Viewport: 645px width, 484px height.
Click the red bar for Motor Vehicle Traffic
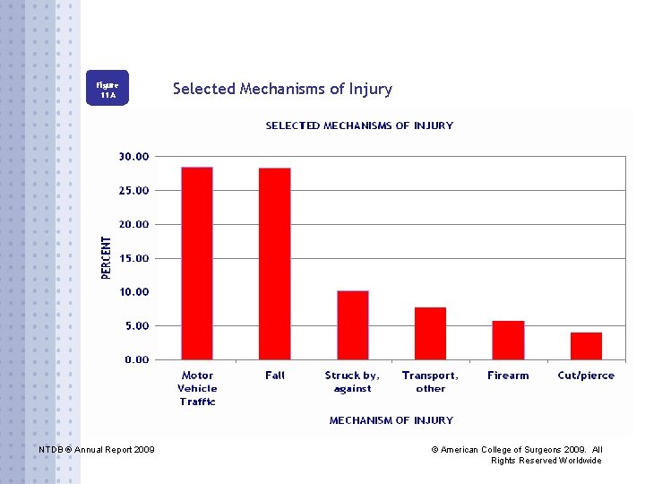[197, 264]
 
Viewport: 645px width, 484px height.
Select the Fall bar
[275, 264]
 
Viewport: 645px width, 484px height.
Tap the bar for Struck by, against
[353, 325]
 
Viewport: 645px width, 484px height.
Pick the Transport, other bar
[430, 333]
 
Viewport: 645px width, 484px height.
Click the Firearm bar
[508, 340]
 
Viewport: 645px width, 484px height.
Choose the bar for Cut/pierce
[586, 346]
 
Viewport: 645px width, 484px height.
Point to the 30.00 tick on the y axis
[133, 156]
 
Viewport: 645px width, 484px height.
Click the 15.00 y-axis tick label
[133, 258]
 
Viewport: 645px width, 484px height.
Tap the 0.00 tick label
[136, 359]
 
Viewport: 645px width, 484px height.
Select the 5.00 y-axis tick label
[136, 326]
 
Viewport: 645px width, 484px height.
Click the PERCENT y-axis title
[106, 258]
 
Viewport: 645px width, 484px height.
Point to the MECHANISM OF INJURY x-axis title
[391, 420]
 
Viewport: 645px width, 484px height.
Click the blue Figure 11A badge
[107, 88]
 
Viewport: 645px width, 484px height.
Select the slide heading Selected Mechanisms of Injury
[282, 89]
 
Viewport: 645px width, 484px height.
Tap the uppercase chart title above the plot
[359, 125]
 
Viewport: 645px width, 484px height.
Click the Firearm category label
[508, 376]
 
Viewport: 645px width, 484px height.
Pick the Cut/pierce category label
[586, 376]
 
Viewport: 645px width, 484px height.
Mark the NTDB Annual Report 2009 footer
[97, 449]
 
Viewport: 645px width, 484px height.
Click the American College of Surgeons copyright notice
[517, 454]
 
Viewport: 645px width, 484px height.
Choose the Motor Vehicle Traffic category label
[197, 388]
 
